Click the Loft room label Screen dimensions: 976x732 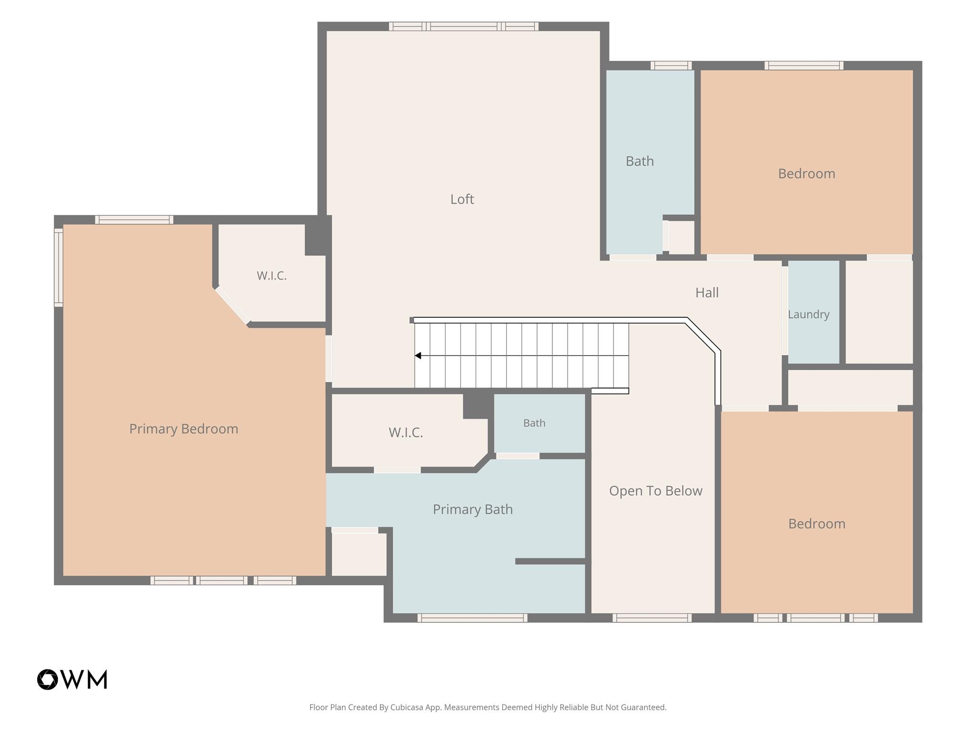pos(462,199)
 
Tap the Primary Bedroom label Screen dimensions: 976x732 pos(183,429)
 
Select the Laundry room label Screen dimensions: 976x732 pos(808,315)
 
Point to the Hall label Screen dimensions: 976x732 pos(707,293)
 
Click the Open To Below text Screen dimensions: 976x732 pos(656,491)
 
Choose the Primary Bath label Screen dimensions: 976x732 pos(473,509)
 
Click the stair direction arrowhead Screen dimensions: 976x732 pos(418,356)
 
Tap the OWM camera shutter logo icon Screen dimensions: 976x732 pos(48,679)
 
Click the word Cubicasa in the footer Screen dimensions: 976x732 pos(408,707)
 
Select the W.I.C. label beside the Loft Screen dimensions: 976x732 pos(272,275)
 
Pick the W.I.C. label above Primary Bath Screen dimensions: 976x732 pos(406,432)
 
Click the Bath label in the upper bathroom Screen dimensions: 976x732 pos(640,161)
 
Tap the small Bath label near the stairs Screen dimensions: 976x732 pos(534,423)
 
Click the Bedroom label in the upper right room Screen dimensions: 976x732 pos(806,173)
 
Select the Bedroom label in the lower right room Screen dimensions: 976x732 pos(817,524)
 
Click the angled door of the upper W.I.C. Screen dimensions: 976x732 pos(233,305)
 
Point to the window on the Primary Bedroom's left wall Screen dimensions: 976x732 pos(59,267)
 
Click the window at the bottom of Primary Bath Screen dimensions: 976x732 pos(472,618)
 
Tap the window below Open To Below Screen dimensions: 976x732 pos(651,618)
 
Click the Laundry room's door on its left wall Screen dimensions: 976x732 pos(785,310)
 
